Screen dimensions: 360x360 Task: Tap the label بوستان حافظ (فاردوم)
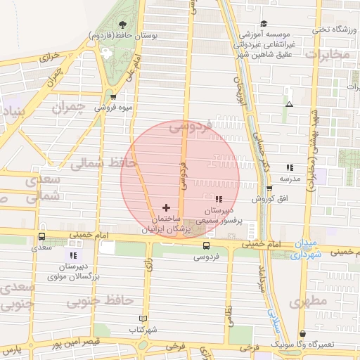pos(124,34)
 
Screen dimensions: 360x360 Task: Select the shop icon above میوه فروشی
pos(114,97)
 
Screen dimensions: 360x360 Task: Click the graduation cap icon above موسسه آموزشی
pos(264,24)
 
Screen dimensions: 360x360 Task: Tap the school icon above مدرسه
pos(290,167)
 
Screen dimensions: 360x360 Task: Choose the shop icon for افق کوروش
pos(269,188)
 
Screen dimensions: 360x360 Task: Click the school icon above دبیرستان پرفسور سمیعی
pos(218,200)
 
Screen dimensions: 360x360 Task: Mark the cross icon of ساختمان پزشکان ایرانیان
pos(166,207)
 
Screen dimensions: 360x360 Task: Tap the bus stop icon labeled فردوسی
pos(206,246)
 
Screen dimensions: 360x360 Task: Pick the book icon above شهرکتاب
pos(143,319)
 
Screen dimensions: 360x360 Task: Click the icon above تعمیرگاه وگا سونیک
pos(303,334)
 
